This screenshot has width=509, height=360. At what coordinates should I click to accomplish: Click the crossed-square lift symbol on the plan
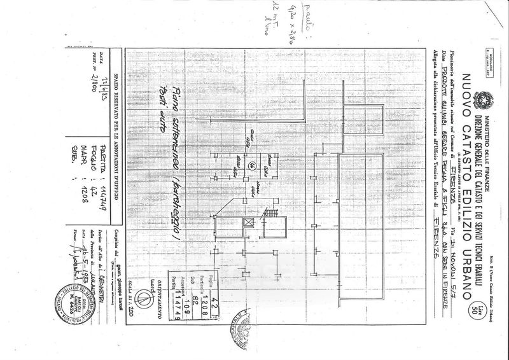247,223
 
